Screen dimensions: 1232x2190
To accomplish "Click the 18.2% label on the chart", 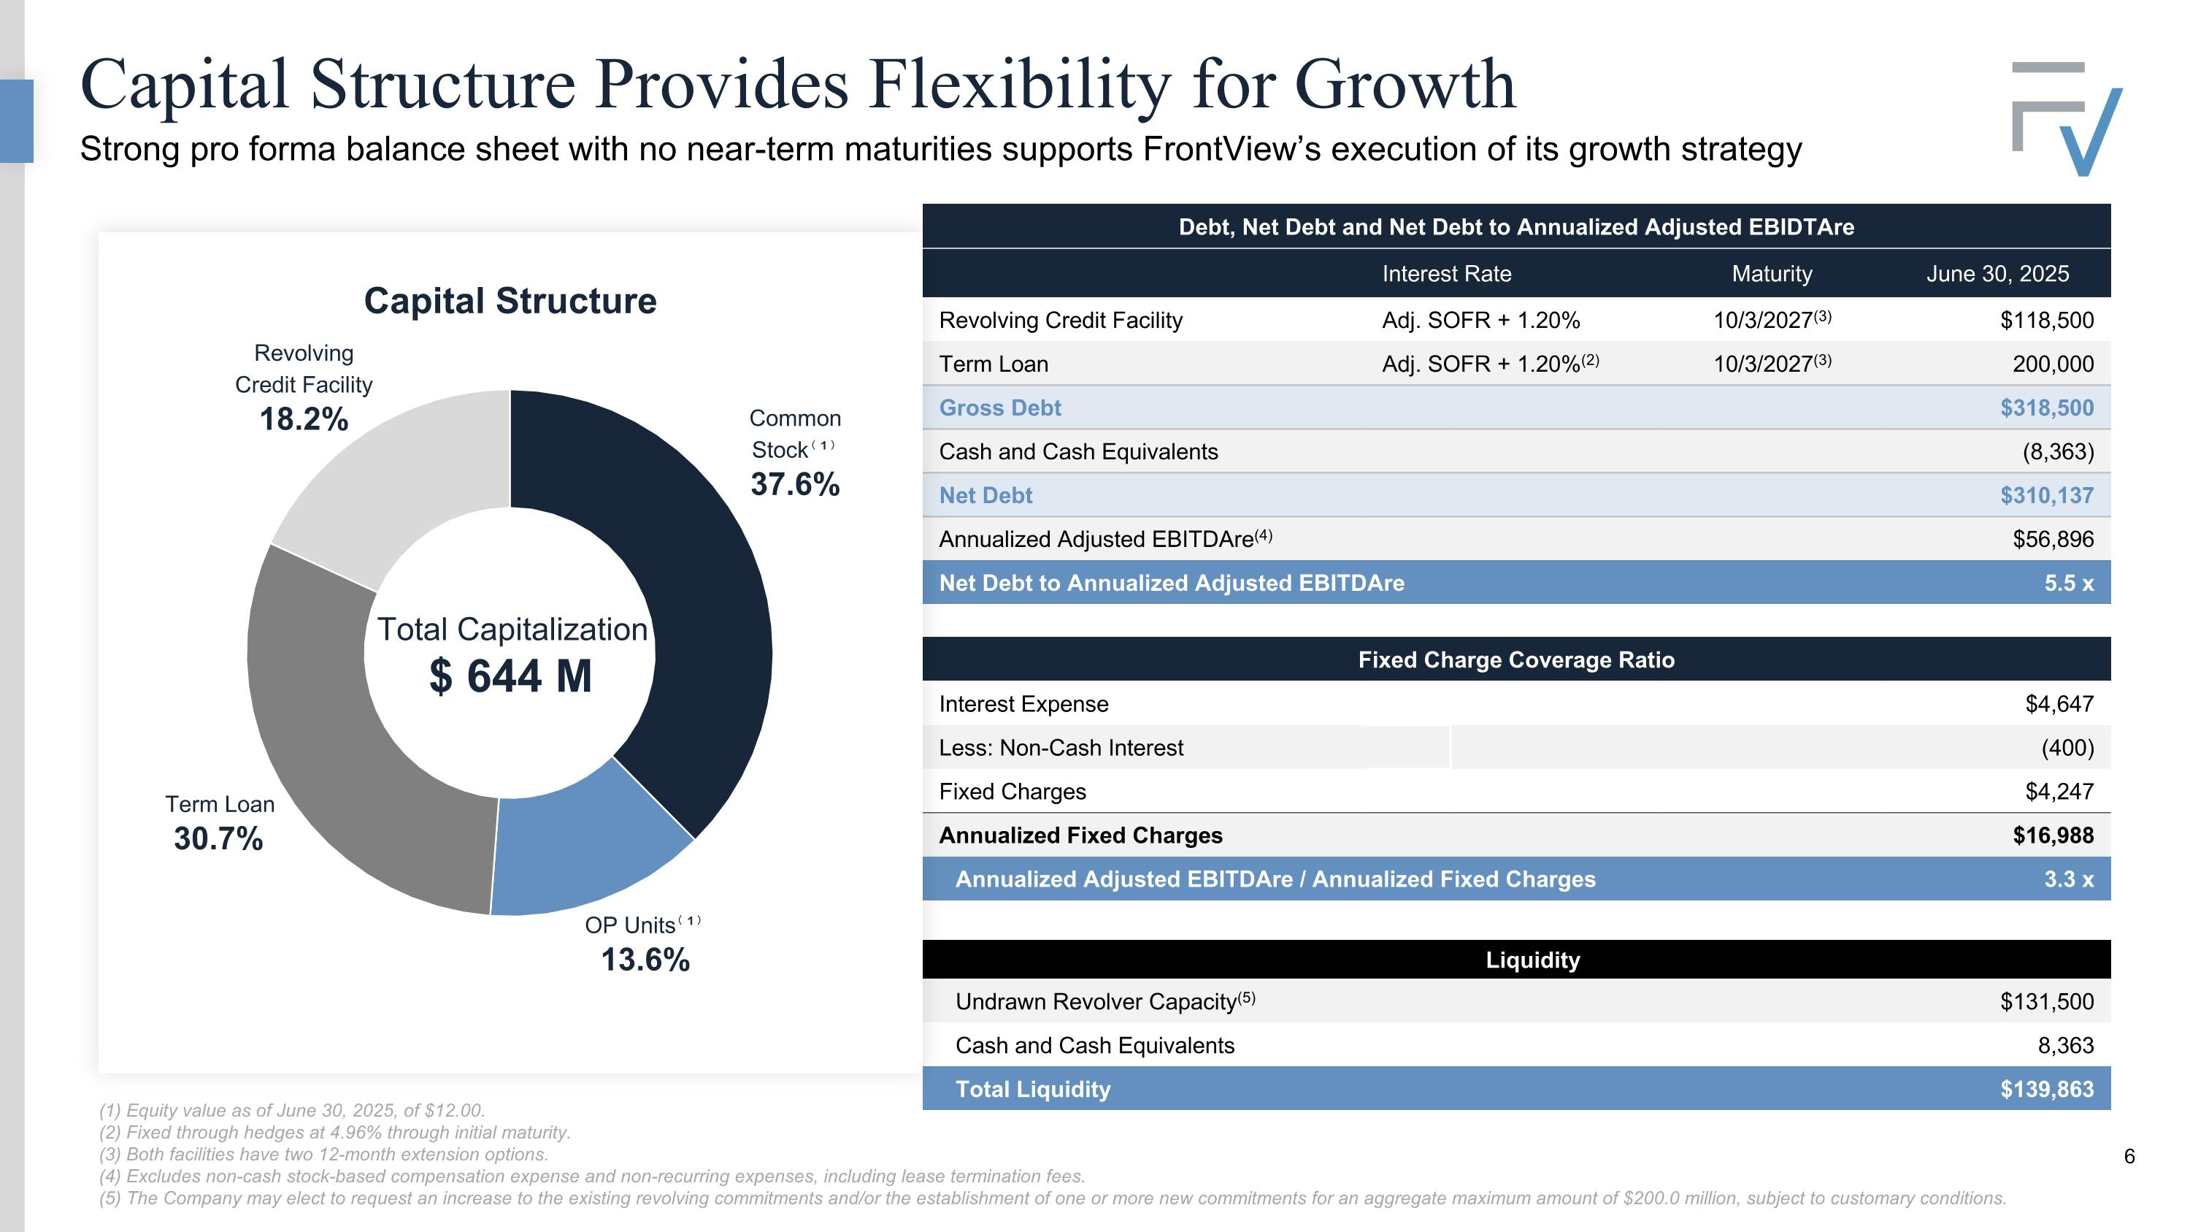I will tap(304, 419).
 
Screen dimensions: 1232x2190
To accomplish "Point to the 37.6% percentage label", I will tap(795, 483).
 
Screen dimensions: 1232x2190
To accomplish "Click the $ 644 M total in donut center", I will tap(510, 676).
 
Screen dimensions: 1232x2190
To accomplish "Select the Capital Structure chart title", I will tap(510, 301).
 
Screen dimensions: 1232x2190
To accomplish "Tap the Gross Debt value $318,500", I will tap(2046, 408).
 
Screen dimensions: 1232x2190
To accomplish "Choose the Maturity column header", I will tap(1772, 274).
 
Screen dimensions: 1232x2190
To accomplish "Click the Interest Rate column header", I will tap(1446, 274).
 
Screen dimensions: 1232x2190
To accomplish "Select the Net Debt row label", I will tap(985, 496).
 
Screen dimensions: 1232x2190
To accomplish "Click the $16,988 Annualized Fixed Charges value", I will tap(2052, 835).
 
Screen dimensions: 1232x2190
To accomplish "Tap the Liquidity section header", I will tap(1532, 960).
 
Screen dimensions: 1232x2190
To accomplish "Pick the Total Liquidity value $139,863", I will tap(2046, 1089).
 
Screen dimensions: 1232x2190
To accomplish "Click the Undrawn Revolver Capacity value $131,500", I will tap(2046, 1001).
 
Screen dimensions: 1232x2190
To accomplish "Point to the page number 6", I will tap(2129, 1156).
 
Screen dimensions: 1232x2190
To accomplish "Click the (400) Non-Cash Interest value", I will tap(2067, 749).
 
